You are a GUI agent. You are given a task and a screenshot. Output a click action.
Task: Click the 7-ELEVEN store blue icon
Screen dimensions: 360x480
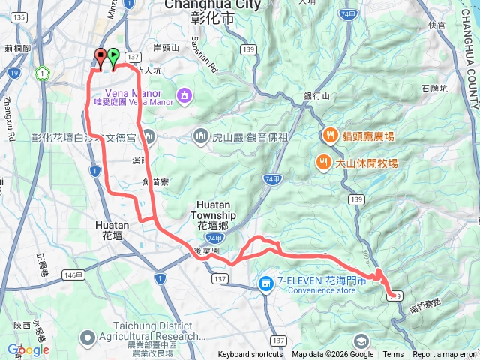[x=265, y=283]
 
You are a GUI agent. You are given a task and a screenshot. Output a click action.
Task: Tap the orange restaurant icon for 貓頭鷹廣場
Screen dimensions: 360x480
[x=328, y=136]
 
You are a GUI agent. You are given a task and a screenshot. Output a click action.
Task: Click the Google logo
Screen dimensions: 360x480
[x=28, y=349]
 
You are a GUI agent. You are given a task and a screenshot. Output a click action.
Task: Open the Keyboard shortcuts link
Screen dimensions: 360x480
[x=250, y=355]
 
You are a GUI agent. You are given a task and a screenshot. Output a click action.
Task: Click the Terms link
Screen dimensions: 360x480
[x=393, y=355]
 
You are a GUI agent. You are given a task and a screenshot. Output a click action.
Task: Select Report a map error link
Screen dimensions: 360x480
[x=443, y=355]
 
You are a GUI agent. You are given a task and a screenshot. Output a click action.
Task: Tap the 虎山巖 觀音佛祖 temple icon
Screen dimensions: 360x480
[x=200, y=136]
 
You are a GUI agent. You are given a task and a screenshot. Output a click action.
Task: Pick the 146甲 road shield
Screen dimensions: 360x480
[x=72, y=275]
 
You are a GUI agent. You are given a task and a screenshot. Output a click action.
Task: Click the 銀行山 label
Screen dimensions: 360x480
[x=316, y=96]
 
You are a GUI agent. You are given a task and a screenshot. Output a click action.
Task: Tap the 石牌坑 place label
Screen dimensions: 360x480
[x=434, y=88]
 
